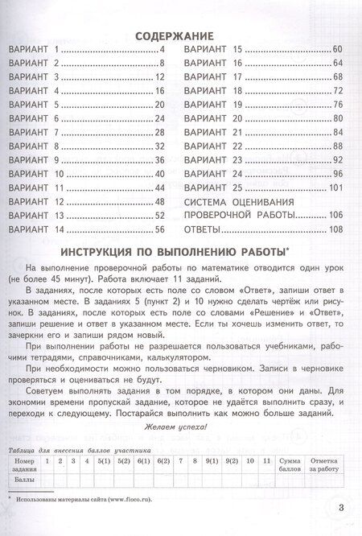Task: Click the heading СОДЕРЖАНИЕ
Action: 173,36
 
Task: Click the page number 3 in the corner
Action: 340,506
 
